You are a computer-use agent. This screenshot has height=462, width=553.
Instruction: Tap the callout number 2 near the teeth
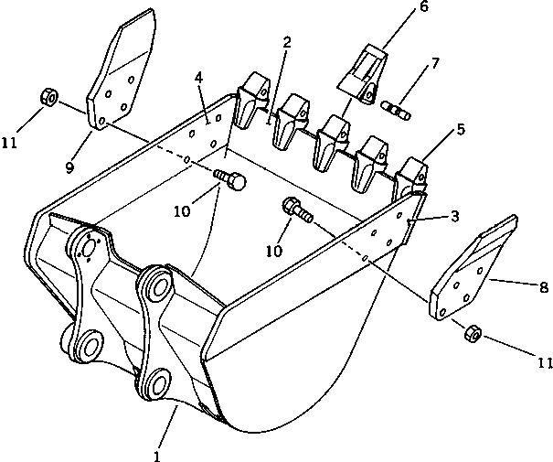[x=288, y=42]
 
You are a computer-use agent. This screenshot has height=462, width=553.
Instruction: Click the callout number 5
[x=462, y=130]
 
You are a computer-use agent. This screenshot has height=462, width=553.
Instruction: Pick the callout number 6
[x=398, y=7]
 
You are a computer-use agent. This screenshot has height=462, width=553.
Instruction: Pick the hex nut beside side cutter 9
[x=50, y=97]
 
